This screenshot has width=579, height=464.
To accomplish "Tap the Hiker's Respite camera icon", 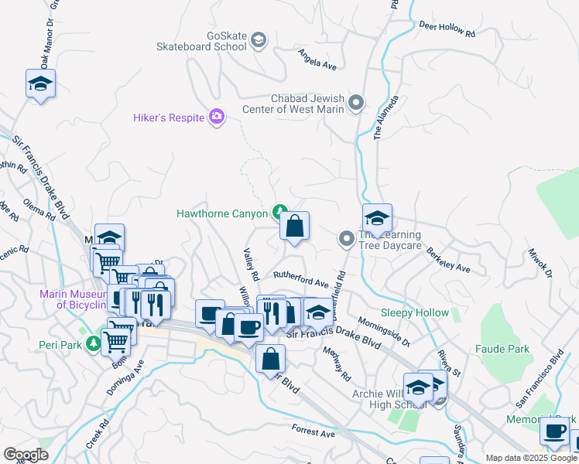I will [217, 117].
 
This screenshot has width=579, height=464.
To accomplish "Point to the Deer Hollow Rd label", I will [447, 29].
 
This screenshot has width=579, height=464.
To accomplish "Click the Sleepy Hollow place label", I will [415, 313].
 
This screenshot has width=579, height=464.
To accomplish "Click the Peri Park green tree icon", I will [94, 342].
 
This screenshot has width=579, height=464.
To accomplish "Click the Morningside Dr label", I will [383, 330].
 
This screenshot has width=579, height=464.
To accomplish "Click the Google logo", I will [26, 455].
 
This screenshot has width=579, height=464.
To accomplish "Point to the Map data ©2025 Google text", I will [531, 458].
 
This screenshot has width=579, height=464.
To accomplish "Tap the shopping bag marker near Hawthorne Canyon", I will [294, 227].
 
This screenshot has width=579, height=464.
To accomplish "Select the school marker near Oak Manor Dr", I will [41, 84].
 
